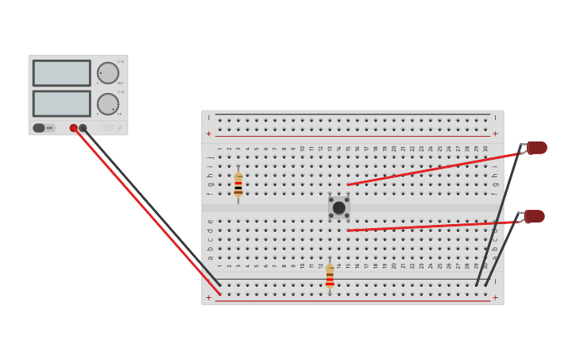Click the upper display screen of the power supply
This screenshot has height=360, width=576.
click(x=61, y=73)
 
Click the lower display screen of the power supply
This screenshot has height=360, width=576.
click(x=61, y=103)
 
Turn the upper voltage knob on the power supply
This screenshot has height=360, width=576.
click(x=108, y=73)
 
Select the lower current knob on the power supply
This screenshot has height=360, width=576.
click(x=108, y=104)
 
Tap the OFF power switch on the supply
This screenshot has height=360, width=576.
click(x=44, y=128)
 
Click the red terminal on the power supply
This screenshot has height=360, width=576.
click(x=74, y=128)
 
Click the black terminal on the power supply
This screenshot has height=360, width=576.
click(x=83, y=128)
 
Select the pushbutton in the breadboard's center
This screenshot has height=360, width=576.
click(x=339, y=207)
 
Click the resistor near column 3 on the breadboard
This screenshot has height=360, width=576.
click(x=238, y=184)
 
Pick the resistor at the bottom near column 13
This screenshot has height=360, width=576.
click(x=330, y=276)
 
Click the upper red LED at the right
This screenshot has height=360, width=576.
click(x=537, y=148)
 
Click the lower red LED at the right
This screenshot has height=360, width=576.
click(x=535, y=216)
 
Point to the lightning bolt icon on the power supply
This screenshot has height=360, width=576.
click(x=120, y=128)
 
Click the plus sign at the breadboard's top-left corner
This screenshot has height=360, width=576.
click(x=209, y=134)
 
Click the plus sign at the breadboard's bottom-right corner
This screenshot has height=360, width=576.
click(x=495, y=298)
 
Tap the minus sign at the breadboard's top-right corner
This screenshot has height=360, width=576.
click(x=495, y=118)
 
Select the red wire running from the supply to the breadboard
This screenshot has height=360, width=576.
click(x=147, y=211)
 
